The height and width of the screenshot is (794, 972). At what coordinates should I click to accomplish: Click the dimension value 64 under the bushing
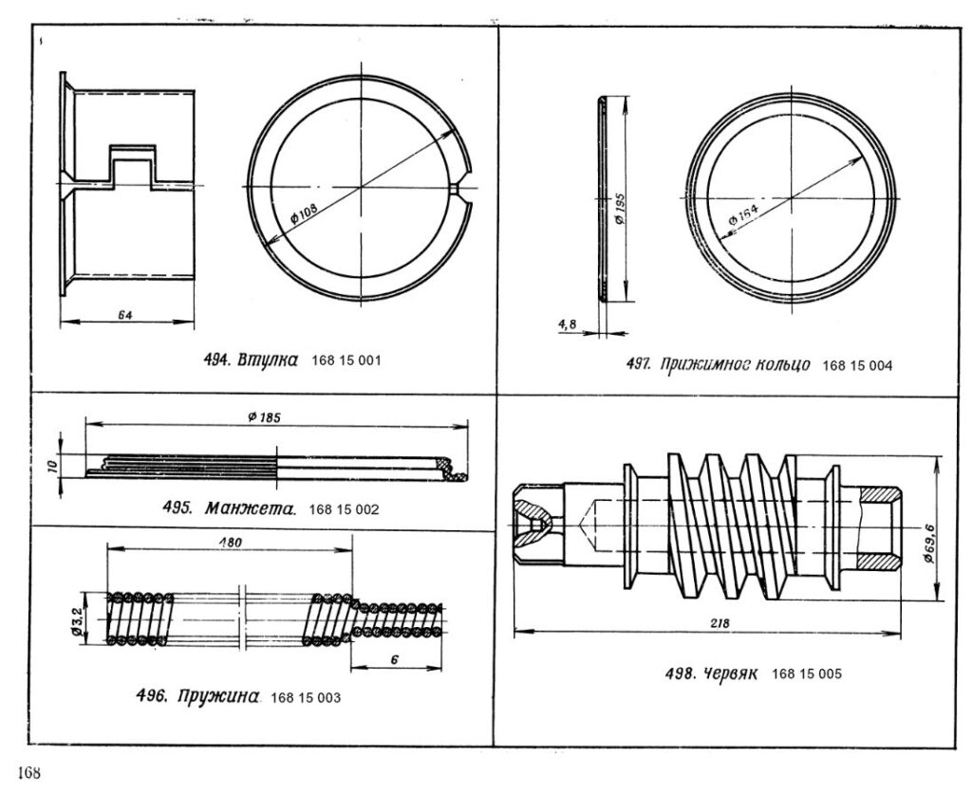tap(125, 315)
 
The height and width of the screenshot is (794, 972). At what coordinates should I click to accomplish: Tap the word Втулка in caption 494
tap(268, 360)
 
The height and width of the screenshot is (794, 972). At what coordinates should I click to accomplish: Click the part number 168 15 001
tap(346, 360)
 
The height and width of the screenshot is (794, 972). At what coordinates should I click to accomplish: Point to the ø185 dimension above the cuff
tap(264, 417)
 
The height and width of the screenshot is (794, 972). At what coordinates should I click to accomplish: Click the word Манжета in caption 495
tap(250, 509)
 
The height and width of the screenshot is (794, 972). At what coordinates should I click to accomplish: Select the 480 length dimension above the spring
tap(230, 543)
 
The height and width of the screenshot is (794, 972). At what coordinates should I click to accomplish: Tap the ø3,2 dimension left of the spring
tap(77, 621)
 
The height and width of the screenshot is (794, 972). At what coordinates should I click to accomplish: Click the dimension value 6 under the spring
tap(394, 660)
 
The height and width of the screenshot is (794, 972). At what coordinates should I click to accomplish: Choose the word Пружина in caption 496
tap(217, 696)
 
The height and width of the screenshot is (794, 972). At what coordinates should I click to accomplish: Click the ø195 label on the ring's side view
tap(619, 211)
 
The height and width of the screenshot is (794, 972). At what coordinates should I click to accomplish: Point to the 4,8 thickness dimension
tap(568, 323)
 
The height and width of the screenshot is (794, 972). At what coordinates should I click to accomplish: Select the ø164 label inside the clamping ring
tap(743, 214)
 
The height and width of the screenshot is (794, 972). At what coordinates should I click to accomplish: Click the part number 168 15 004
tap(857, 366)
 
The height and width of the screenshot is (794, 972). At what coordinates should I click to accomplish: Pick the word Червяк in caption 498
tap(730, 674)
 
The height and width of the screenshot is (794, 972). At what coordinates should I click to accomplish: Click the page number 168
tap(29, 773)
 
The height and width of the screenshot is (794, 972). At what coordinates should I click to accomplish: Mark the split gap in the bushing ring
tap(462, 188)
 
